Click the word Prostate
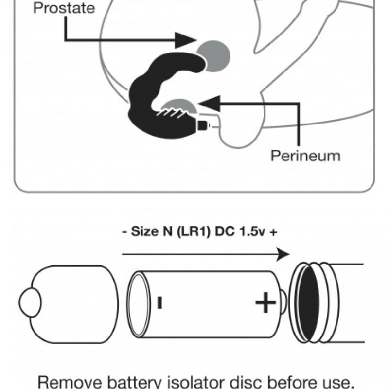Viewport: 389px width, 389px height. (x=64, y=8)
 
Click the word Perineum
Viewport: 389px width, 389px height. (x=305, y=156)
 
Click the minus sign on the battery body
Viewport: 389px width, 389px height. (x=159, y=302)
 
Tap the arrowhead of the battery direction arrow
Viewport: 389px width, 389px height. (x=282, y=253)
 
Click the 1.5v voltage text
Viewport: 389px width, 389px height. (x=248, y=231)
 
